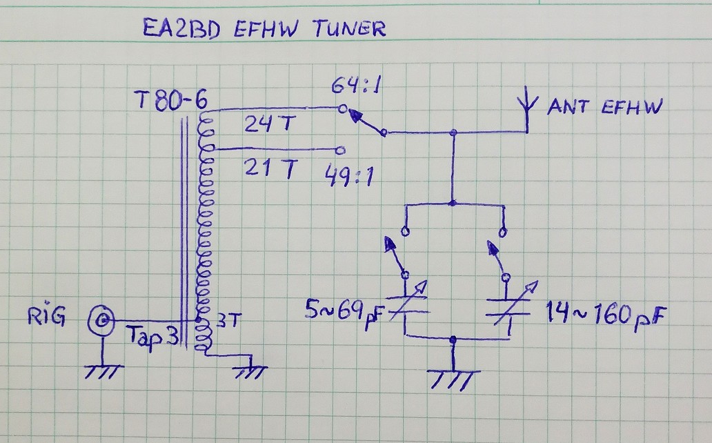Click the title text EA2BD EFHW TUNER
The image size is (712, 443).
264,28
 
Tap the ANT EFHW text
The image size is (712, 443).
605,107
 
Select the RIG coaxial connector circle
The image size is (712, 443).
101,320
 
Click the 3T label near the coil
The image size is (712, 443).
228,321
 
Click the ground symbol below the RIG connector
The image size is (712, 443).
101,371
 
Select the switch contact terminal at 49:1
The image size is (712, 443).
338,149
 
